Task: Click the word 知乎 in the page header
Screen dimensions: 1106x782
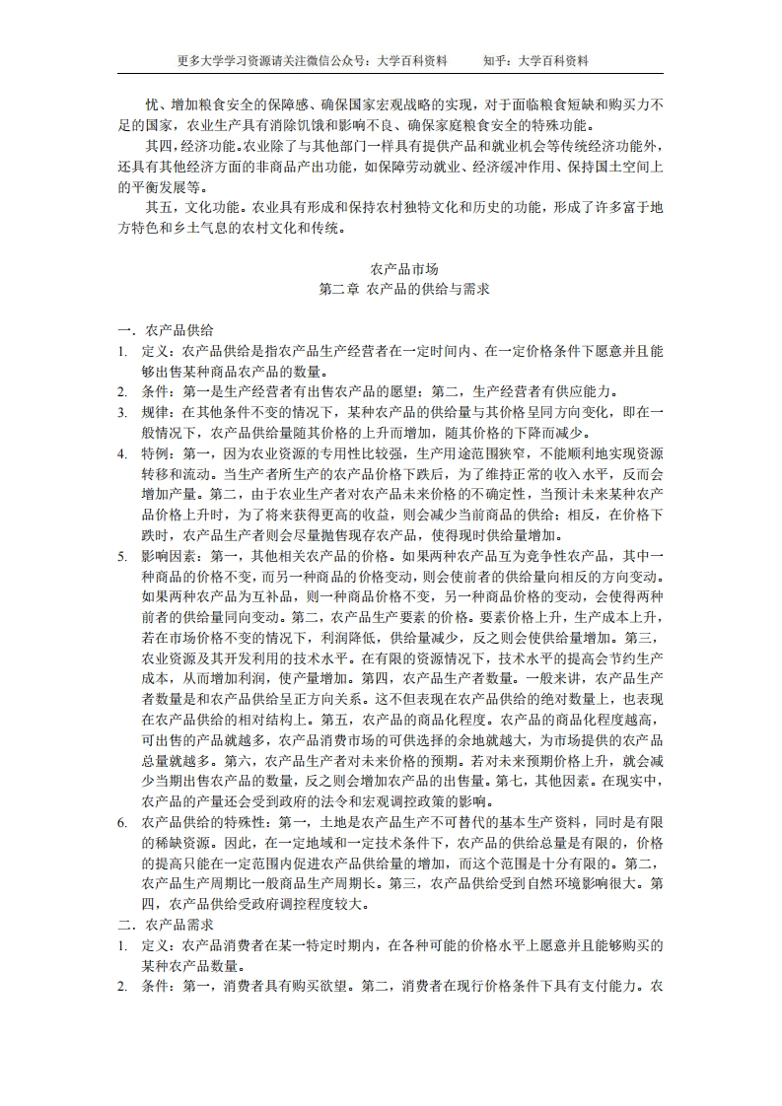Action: pos(496,60)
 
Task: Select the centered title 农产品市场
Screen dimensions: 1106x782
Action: pos(404,269)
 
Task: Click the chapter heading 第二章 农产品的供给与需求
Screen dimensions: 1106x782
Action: pos(404,290)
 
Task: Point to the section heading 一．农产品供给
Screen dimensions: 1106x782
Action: pos(166,330)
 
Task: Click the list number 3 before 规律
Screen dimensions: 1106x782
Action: pos(121,412)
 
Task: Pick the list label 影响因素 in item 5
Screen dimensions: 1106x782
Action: pos(169,556)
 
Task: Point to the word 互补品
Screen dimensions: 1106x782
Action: pos(259,597)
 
